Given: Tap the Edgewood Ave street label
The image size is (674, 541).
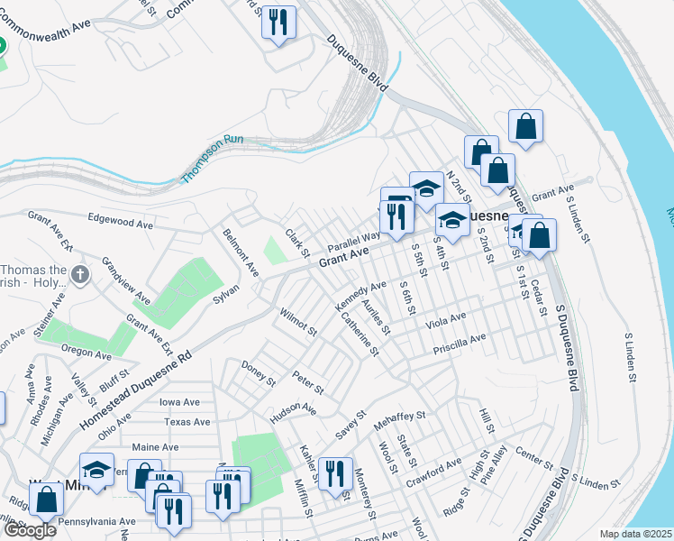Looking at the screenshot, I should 123,221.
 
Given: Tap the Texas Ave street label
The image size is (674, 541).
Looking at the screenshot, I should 187,422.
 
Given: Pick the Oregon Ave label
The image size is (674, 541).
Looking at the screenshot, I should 87,352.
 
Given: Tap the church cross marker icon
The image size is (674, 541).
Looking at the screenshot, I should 81,274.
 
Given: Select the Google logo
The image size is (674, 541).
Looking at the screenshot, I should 29,529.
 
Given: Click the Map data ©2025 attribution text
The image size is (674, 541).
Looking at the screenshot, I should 635,534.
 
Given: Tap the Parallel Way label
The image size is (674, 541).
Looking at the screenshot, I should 354,241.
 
